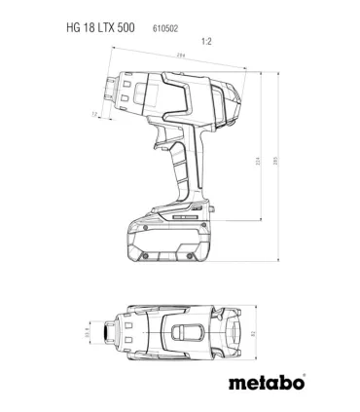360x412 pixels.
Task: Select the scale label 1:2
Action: (x=205, y=42)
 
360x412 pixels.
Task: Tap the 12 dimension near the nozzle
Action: (x=95, y=115)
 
